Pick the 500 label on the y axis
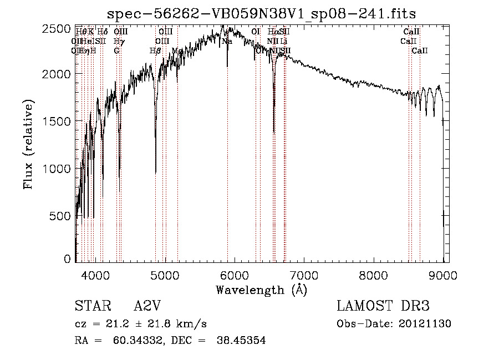tap(61, 216)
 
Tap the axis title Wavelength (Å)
tap(261, 290)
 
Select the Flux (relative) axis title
tap(29, 144)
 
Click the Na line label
tap(227, 42)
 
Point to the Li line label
tap(283, 42)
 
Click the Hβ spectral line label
tap(155, 50)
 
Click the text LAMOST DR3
tap(383, 307)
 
